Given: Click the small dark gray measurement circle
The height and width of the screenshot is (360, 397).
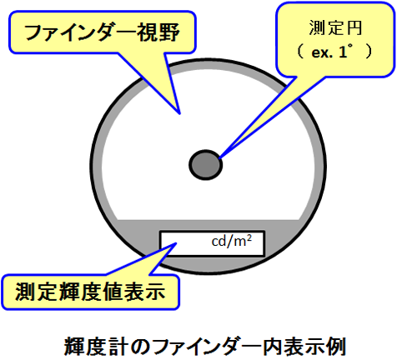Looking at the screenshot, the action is [206, 165].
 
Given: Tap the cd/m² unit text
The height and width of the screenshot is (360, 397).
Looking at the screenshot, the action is [232, 241].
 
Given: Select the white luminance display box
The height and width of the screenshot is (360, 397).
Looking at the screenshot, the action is [212, 243].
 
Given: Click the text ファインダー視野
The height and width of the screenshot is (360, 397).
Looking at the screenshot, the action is [102, 32].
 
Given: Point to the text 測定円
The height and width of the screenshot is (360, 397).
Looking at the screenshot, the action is [335, 27].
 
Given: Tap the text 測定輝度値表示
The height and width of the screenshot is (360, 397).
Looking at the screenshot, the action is [90, 292].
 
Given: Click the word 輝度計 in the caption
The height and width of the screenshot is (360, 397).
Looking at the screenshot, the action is [96, 347].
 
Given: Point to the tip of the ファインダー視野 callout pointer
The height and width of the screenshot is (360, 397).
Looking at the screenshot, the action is [179, 114].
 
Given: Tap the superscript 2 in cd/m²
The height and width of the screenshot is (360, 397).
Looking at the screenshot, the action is [249, 237].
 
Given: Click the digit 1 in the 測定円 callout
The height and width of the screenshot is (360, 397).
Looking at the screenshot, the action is [342, 52].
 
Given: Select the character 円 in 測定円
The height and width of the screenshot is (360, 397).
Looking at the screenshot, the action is [354, 27].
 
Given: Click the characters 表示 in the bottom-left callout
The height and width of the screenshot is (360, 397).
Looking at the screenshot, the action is [144, 292].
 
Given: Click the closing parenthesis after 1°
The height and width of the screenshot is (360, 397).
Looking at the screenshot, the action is [369, 52].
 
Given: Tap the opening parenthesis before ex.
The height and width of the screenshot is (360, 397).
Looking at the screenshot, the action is [300, 52].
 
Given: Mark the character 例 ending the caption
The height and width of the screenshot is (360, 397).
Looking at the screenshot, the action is [336, 347].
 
